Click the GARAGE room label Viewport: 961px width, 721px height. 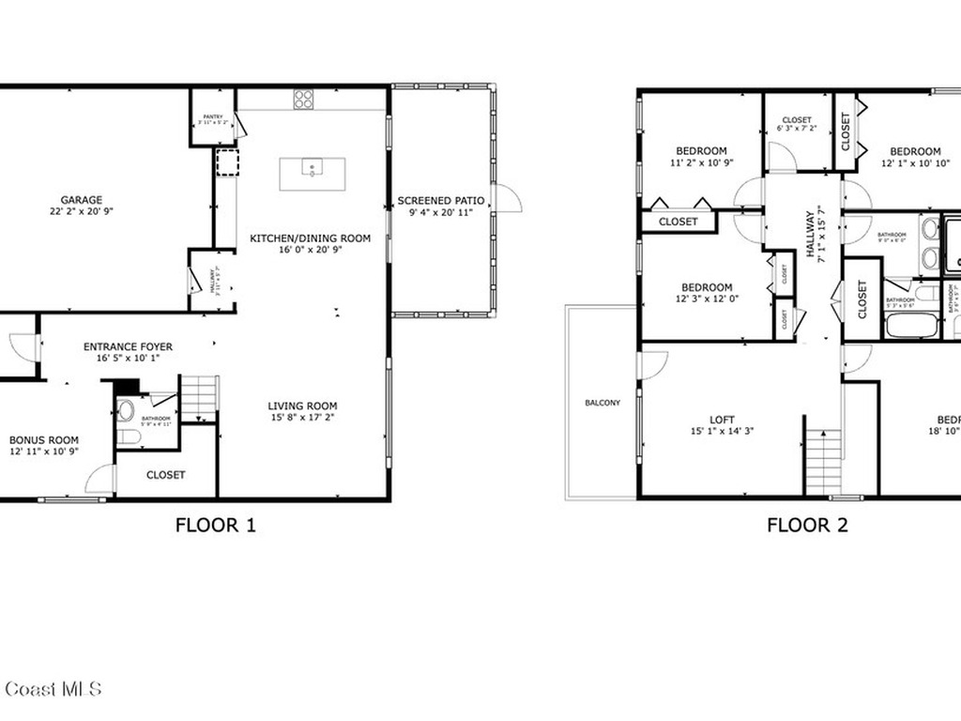82,200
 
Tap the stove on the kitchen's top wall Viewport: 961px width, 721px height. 303,99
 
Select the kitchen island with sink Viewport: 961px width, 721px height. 312,174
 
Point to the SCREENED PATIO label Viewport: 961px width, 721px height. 440,201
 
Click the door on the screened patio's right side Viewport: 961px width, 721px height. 505,197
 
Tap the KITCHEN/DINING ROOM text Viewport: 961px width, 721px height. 310,238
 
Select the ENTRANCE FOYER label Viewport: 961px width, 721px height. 128,346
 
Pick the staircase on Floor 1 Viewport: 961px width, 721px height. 199,398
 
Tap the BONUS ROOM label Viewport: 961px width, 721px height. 44,439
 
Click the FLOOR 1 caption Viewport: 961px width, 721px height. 215,525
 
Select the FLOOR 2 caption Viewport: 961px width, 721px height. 807,525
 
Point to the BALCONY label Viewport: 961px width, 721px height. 603,403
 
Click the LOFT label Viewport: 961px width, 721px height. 722,420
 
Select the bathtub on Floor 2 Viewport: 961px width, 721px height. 910,326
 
